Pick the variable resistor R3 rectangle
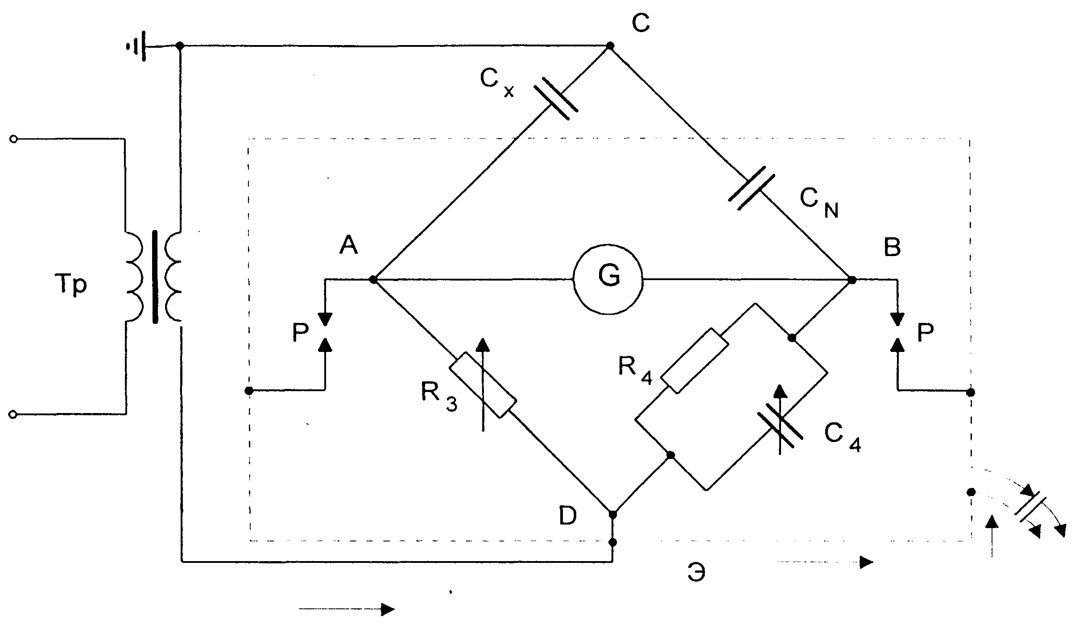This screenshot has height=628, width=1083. coord(483,385)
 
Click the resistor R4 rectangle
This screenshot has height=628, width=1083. coord(694,361)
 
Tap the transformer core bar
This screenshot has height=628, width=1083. coord(155,277)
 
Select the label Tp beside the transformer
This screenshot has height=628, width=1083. coord(70,285)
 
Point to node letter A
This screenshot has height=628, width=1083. coord(348,245)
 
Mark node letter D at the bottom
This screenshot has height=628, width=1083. coord(568,516)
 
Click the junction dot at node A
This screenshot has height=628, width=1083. coord(373,280)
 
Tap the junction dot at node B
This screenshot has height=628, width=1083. coord(852,280)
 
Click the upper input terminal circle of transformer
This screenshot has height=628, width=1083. coord(14,139)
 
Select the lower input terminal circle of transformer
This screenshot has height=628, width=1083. coord(14,415)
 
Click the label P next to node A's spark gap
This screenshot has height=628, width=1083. coord(301,332)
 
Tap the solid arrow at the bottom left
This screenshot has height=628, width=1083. coord(347,609)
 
